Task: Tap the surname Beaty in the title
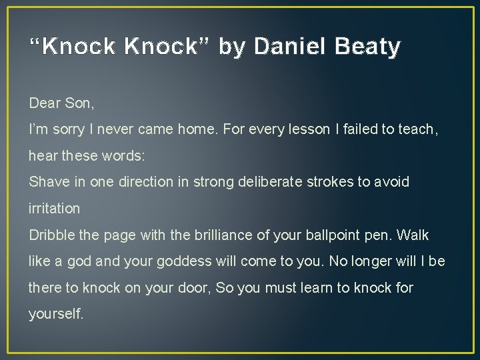coord(369,47)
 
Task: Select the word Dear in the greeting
coord(45,103)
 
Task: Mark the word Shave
coord(46,182)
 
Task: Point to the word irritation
coord(54,209)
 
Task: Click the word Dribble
coord(50,235)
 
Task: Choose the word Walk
coord(414,235)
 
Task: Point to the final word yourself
coord(56,314)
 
